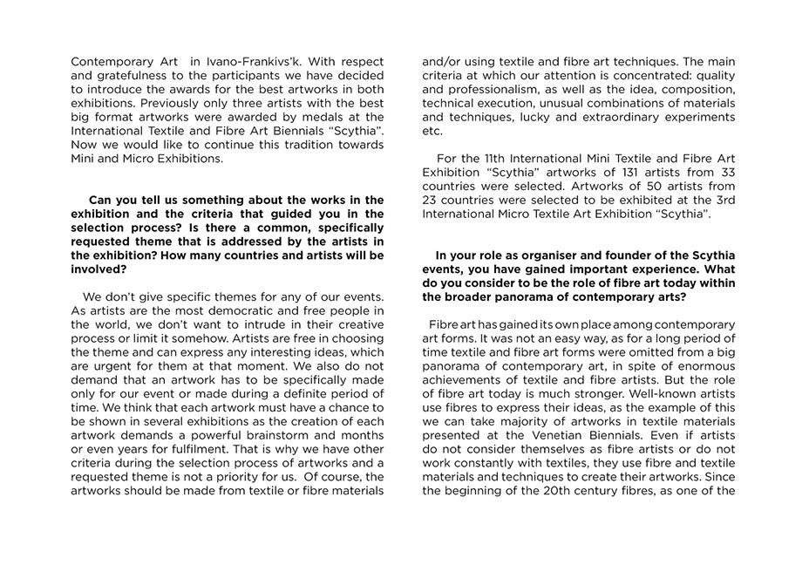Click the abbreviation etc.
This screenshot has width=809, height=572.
coord(432,131)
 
